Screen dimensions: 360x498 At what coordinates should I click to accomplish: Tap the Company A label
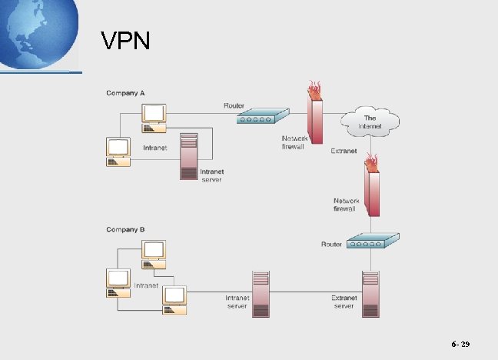tap(125, 93)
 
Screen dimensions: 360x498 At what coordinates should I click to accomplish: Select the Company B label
tap(125, 229)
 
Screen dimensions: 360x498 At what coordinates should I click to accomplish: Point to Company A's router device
tap(261, 117)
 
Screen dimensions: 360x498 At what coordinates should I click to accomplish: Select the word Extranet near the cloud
tap(344, 151)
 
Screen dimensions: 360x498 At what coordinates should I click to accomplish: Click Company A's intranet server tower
tap(189, 156)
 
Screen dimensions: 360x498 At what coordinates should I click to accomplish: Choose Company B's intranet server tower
tap(261, 294)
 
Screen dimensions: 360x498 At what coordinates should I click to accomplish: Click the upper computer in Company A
tap(154, 114)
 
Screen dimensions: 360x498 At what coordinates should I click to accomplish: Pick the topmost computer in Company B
tap(154, 253)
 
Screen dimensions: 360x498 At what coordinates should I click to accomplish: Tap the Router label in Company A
tap(234, 105)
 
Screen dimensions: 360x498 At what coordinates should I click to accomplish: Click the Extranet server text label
tap(344, 302)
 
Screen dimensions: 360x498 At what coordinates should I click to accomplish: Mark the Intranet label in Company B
tap(146, 285)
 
